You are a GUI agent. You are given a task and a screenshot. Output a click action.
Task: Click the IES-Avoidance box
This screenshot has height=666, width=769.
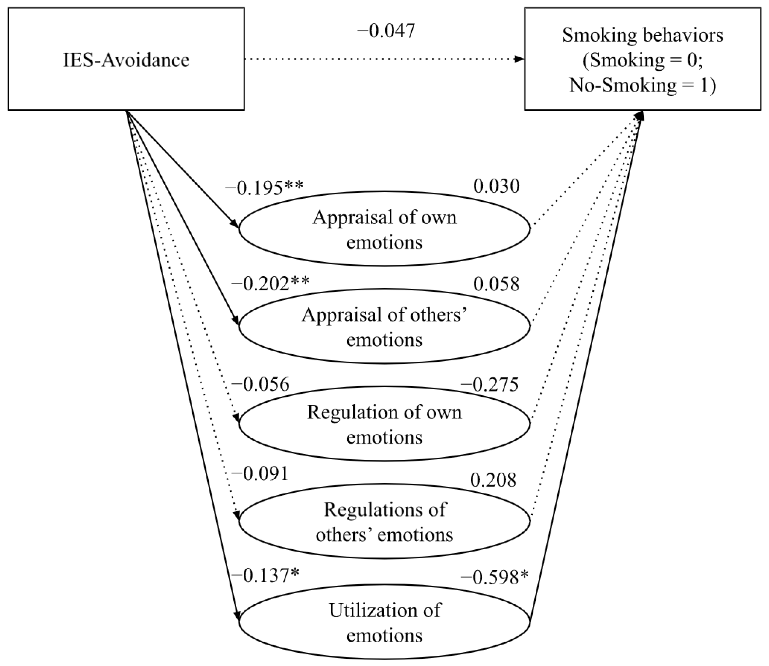click(126, 59)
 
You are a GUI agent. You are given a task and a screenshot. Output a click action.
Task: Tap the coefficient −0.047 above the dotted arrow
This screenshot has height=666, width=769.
click(386, 31)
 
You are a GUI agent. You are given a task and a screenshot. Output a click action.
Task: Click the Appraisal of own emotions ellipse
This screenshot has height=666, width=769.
click(384, 229)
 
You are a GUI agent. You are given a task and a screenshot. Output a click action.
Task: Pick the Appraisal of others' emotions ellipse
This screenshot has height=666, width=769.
click(384, 326)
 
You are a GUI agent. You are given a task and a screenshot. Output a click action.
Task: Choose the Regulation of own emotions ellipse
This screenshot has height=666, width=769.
click(384, 424)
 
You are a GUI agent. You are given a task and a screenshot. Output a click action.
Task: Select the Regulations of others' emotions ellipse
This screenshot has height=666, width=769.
click(384, 521)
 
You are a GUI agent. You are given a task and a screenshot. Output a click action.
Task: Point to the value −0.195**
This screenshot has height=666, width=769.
click(264, 188)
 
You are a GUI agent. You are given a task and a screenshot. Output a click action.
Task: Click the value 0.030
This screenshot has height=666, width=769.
click(496, 186)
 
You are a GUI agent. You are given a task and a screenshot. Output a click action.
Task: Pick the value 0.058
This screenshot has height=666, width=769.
click(496, 284)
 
